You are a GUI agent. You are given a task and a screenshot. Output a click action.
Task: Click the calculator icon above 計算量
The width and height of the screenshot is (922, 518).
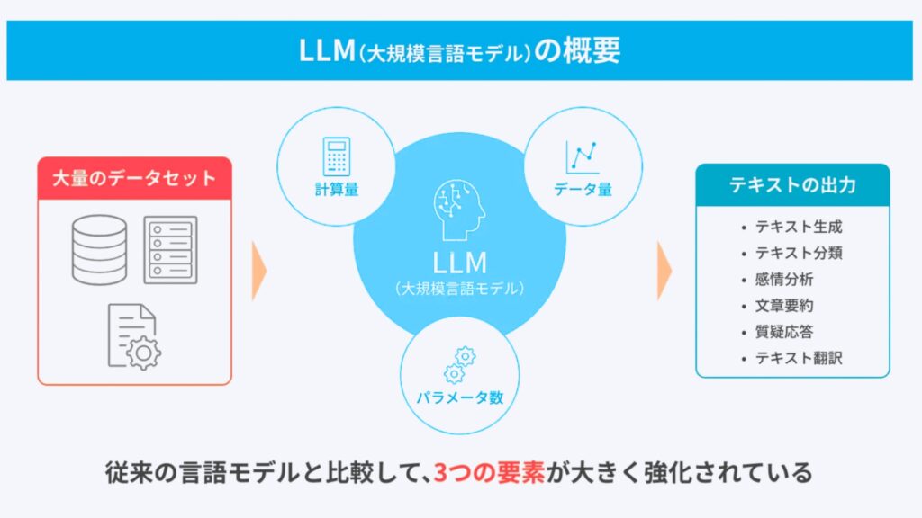[336, 156]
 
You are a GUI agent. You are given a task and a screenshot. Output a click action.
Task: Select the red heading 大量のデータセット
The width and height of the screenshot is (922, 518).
[134, 178]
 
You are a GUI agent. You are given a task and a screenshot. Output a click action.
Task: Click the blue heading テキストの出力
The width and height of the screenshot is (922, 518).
[792, 186]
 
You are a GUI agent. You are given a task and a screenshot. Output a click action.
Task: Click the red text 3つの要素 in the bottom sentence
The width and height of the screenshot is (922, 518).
[489, 472]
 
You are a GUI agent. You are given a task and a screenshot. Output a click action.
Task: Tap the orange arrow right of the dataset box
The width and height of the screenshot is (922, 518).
[259, 269]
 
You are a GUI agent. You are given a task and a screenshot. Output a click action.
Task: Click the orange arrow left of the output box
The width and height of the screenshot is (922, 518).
[664, 269]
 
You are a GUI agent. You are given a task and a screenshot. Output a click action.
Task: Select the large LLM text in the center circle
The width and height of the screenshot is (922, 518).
[459, 262]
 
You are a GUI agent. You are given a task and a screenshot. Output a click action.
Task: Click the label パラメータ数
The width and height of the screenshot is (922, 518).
[459, 397]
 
